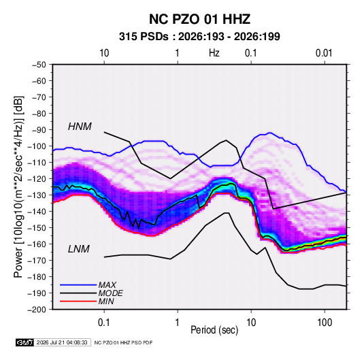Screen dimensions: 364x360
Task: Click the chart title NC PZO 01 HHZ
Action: click(x=199, y=19)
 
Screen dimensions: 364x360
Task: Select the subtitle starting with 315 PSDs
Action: click(x=199, y=37)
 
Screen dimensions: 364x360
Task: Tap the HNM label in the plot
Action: click(x=80, y=127)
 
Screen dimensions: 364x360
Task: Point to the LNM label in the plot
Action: click(x=79, y=249)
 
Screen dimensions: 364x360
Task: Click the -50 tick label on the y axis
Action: click(x=39, y=65)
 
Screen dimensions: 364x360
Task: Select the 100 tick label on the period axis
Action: click(x=325, y=323)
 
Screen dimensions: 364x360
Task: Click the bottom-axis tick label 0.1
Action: click(x=104, y=323)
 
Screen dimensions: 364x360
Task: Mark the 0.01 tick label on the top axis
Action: click(x=324, y=53)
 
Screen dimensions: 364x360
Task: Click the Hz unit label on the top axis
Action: click(x=214, y=53)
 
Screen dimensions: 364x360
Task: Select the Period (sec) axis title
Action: click(x=214, y=330)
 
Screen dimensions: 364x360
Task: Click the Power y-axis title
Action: click(x=18, y=187)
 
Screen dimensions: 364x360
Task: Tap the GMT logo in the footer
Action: click(x=25, y=342)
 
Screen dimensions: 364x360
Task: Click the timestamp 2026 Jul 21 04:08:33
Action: click(x=62, y=342)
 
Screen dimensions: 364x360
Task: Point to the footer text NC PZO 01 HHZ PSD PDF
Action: click(x=123, y=342)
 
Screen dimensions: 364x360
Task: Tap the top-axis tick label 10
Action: click(x=104, y=53)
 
